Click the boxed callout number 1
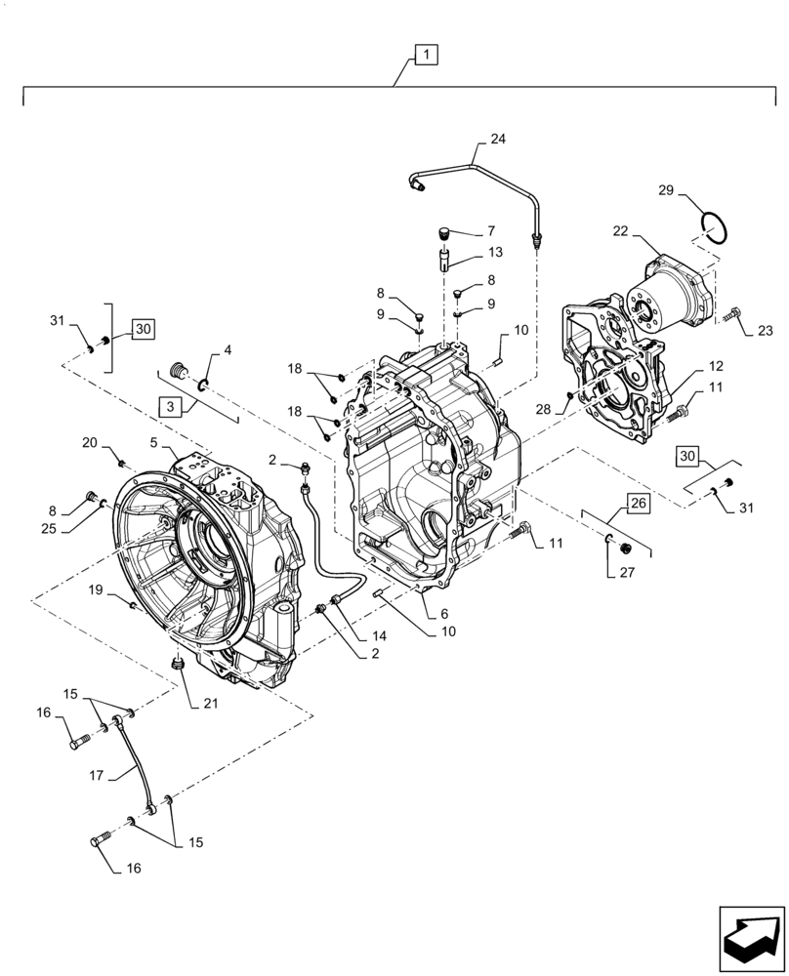coord(426,56)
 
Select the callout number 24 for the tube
coord(498,140)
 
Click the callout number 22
coord(619,231)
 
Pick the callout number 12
coord(716,366)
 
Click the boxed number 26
coord(637,504)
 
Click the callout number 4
coord(227,349)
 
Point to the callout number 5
coord(153,442)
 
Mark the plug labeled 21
coord(179,666)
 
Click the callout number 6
coord(443,614)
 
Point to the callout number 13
coord(495,253)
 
